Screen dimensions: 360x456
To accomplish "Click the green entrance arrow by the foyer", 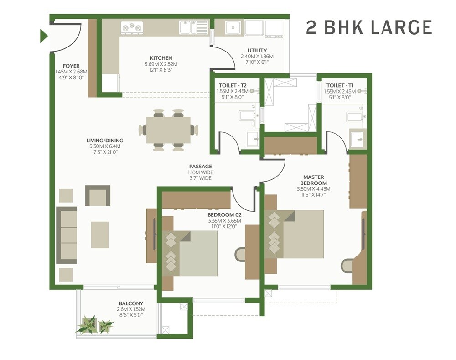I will pos(44,36).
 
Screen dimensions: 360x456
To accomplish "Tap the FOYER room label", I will pos(71,66).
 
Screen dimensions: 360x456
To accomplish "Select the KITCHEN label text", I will pos(161,58).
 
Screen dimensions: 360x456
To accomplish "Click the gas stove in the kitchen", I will pos(131,28).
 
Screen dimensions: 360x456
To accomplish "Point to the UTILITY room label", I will pos(257,51).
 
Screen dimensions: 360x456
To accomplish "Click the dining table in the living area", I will pos(168,130).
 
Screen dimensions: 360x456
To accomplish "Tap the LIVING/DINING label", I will pos(105,141).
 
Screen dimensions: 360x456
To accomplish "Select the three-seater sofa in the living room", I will pos(67,235).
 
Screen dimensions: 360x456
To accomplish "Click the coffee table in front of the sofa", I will pos(99,235).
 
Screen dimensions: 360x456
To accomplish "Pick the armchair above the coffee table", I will pos(98,196).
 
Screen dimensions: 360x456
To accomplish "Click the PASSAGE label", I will pos(200,167).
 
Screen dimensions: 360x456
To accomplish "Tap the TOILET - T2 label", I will pos(233,85).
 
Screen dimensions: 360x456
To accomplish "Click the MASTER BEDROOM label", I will pos(313,180).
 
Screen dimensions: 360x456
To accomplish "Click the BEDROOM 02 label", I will pos(224,214).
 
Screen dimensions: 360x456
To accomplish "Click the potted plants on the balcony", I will pos(95,324).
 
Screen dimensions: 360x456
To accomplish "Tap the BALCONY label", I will pos(131,303).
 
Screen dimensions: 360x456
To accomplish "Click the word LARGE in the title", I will pos(401,27).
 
